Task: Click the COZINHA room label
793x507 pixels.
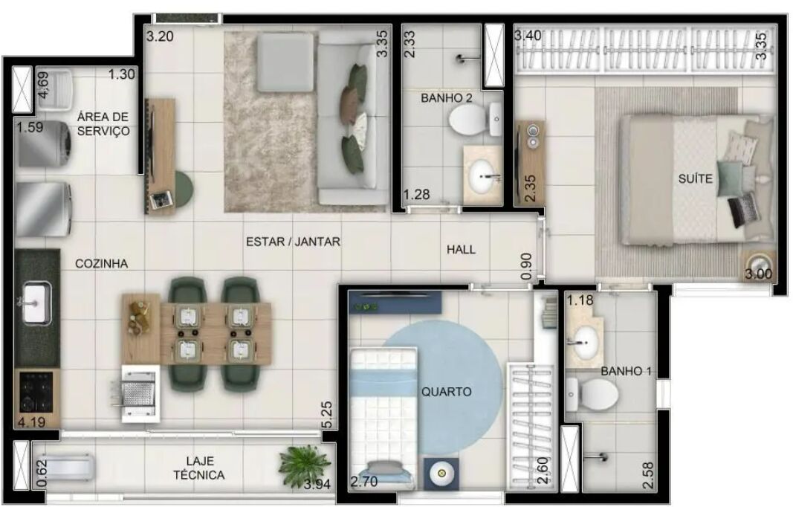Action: pos(101,264)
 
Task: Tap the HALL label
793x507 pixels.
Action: pos(461,250)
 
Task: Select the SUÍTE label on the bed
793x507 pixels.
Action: pos(696,178)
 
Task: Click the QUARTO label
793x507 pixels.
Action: pos(447,392)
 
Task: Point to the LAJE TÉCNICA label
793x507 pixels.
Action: pos(199,468)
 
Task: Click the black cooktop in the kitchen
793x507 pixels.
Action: pos(36,392)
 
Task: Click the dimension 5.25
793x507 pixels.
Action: pos(327,415)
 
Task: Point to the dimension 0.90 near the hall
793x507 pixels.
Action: pos(526,267)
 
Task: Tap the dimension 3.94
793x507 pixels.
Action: pos(317,484)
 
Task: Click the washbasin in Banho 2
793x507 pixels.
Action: pos(483,175)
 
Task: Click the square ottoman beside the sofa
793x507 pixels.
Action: pos(285,62)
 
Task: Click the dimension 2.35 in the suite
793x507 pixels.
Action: pos(529,188)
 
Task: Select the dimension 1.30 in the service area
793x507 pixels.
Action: pos(122,74)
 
